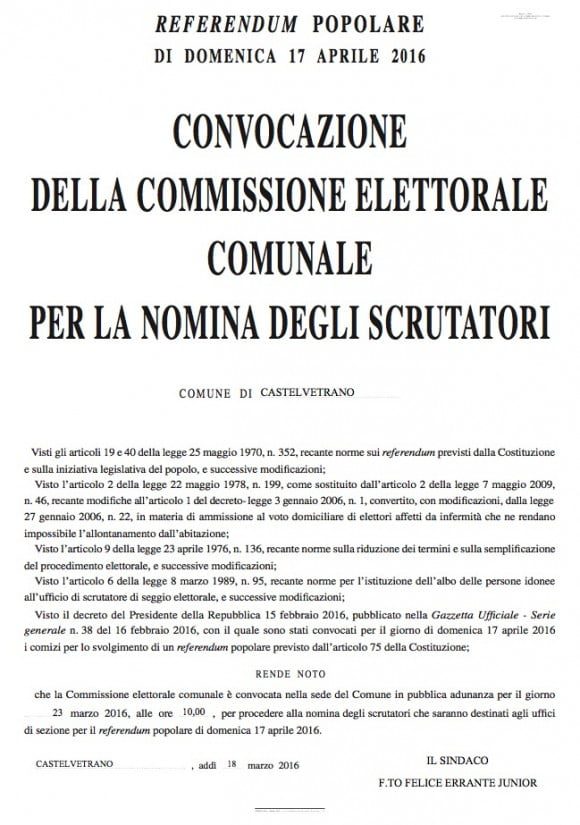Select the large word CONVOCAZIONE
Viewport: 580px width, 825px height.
pos(290,133)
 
